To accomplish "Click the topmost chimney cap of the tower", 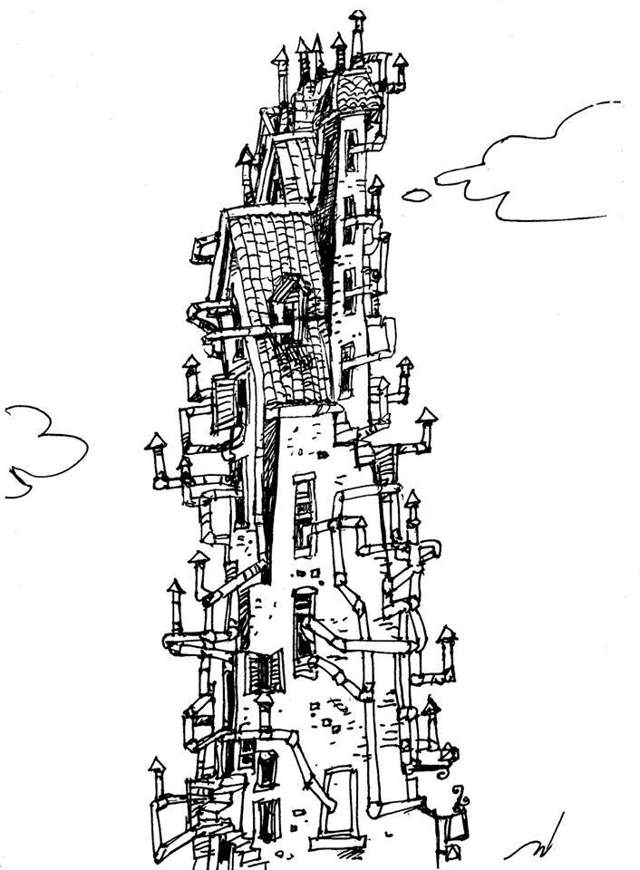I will pos(357,16).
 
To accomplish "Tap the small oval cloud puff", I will pos(415,194).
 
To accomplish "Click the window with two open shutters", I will pos(266,672).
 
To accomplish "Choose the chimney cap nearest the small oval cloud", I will pos(375,184).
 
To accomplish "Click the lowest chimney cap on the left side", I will pos(158,767).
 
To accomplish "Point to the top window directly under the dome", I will pos(350,150).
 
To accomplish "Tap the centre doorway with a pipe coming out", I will pos(304,616).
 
